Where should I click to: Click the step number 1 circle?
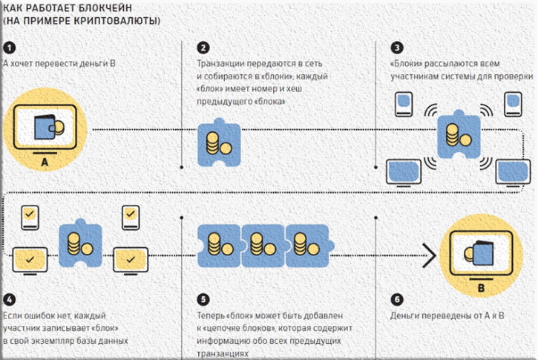[10, 48]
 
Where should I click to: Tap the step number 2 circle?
[203, 48]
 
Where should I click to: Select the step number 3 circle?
[397, 48]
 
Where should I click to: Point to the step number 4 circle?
[10, 300]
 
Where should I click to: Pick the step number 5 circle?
[203, 300]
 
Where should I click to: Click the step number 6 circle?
[397, 300]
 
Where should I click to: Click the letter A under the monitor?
[45, 162]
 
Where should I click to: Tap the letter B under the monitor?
[481, 288]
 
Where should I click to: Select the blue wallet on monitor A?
[45, 128]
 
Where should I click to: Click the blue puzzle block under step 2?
[219, 143]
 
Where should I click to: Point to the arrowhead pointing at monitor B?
[429, 255]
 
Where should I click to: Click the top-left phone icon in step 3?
[404, 105]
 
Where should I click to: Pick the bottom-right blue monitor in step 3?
[513, 173]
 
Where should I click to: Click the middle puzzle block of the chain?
[263, 246]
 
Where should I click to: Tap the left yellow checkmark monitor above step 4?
[30, 261]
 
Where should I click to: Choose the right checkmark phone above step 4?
[131, 217]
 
